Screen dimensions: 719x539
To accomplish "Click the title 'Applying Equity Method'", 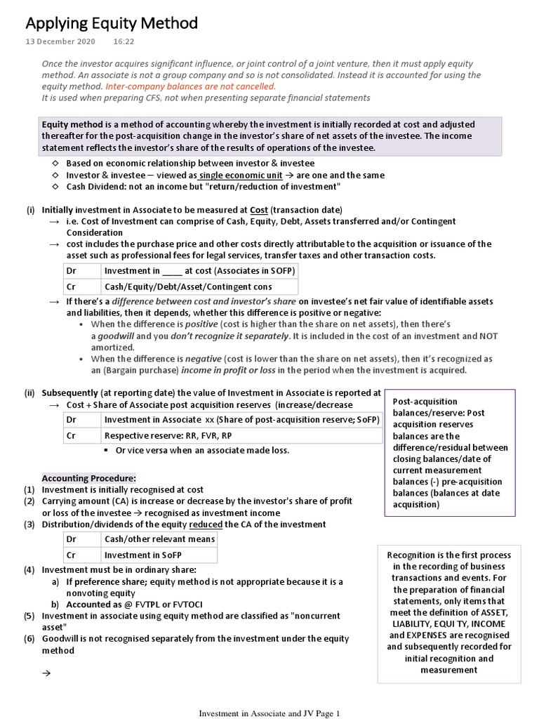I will pos(112,24).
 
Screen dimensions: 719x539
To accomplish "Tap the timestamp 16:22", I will pos(124,42).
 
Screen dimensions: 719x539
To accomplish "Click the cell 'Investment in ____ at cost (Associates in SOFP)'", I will pos(200,271).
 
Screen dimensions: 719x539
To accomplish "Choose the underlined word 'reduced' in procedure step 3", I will pos(206,524).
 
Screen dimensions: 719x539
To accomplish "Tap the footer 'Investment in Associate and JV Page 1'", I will pos(269,713).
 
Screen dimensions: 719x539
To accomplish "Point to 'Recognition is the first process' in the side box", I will pos(449,555).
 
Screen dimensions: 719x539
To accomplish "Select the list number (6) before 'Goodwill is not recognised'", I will pos(29,638).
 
